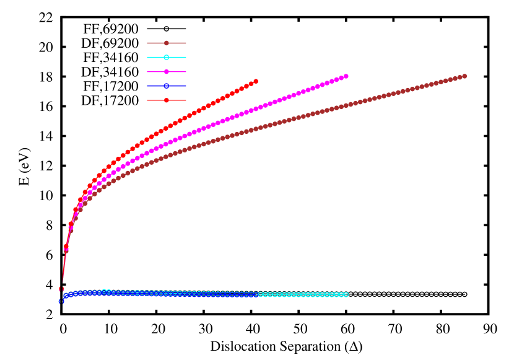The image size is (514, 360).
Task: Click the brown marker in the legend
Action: (167, 43)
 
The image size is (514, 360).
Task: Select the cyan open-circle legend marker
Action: (167, 57)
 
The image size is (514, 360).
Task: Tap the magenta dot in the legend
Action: (167, 72)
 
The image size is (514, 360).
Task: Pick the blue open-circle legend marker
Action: (167, 86)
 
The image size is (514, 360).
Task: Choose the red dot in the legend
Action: (167, 100)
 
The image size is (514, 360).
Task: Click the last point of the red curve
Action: (256, 81)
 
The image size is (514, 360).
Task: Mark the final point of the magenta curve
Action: (346, 76)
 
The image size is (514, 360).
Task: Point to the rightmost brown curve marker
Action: (464, 76)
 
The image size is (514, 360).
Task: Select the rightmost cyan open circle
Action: (346, 294)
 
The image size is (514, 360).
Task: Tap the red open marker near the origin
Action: (61, 289)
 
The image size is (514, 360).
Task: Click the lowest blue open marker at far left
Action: (61, 302)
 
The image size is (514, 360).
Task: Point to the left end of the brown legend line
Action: (147, 43)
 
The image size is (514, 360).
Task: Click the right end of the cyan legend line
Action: (186, 57)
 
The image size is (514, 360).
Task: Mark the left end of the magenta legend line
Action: (147, 72)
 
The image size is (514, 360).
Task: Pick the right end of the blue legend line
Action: (186, 86)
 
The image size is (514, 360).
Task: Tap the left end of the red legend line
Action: (147, 100)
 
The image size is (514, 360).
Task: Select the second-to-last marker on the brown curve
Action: (460, 77)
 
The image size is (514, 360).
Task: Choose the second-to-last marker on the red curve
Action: (251, 84)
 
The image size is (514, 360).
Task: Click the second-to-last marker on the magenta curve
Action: (341, 78)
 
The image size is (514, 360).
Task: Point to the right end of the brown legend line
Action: (186, 43)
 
